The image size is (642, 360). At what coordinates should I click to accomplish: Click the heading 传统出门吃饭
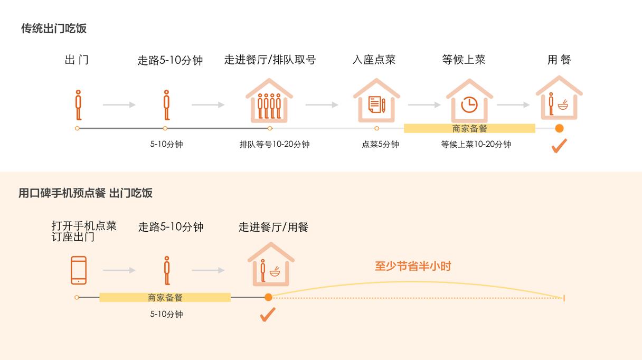tap(54, 29)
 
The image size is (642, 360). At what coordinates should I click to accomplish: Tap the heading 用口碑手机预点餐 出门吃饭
tap(86, 193)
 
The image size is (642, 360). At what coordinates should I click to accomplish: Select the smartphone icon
tap(79, 270)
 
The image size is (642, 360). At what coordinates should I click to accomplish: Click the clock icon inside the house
tap(469, 105)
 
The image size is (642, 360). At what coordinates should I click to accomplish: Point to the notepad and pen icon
tap(376, 105)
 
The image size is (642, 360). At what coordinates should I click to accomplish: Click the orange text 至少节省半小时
tap(413, 266)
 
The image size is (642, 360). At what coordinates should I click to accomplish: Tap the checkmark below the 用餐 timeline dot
tap(559, 146)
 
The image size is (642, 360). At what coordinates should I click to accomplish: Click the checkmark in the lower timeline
tap(268, 315)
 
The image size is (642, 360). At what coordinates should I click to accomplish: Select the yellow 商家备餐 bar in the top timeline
tap(469, 128)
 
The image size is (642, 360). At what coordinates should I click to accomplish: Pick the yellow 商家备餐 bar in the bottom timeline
tap(165, 298)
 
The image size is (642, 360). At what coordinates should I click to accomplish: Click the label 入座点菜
tap(374, 60)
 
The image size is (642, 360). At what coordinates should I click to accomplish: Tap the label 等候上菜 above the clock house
tap(464, 60)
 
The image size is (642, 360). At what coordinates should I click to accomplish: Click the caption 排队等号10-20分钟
tap(275, 144)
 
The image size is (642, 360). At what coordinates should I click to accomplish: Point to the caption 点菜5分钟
tap(380, 144)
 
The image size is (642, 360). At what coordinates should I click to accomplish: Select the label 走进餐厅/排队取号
tap(270, 60)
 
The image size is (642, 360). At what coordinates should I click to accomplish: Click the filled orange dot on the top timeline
tap(559, 128)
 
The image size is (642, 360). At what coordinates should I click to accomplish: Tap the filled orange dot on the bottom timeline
tap(268, 297)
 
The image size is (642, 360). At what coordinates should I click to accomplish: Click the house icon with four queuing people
tap(269, 100)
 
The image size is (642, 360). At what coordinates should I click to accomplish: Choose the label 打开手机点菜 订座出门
tap(84, 231)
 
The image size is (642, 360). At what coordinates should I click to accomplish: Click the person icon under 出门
tap(78, 105)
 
